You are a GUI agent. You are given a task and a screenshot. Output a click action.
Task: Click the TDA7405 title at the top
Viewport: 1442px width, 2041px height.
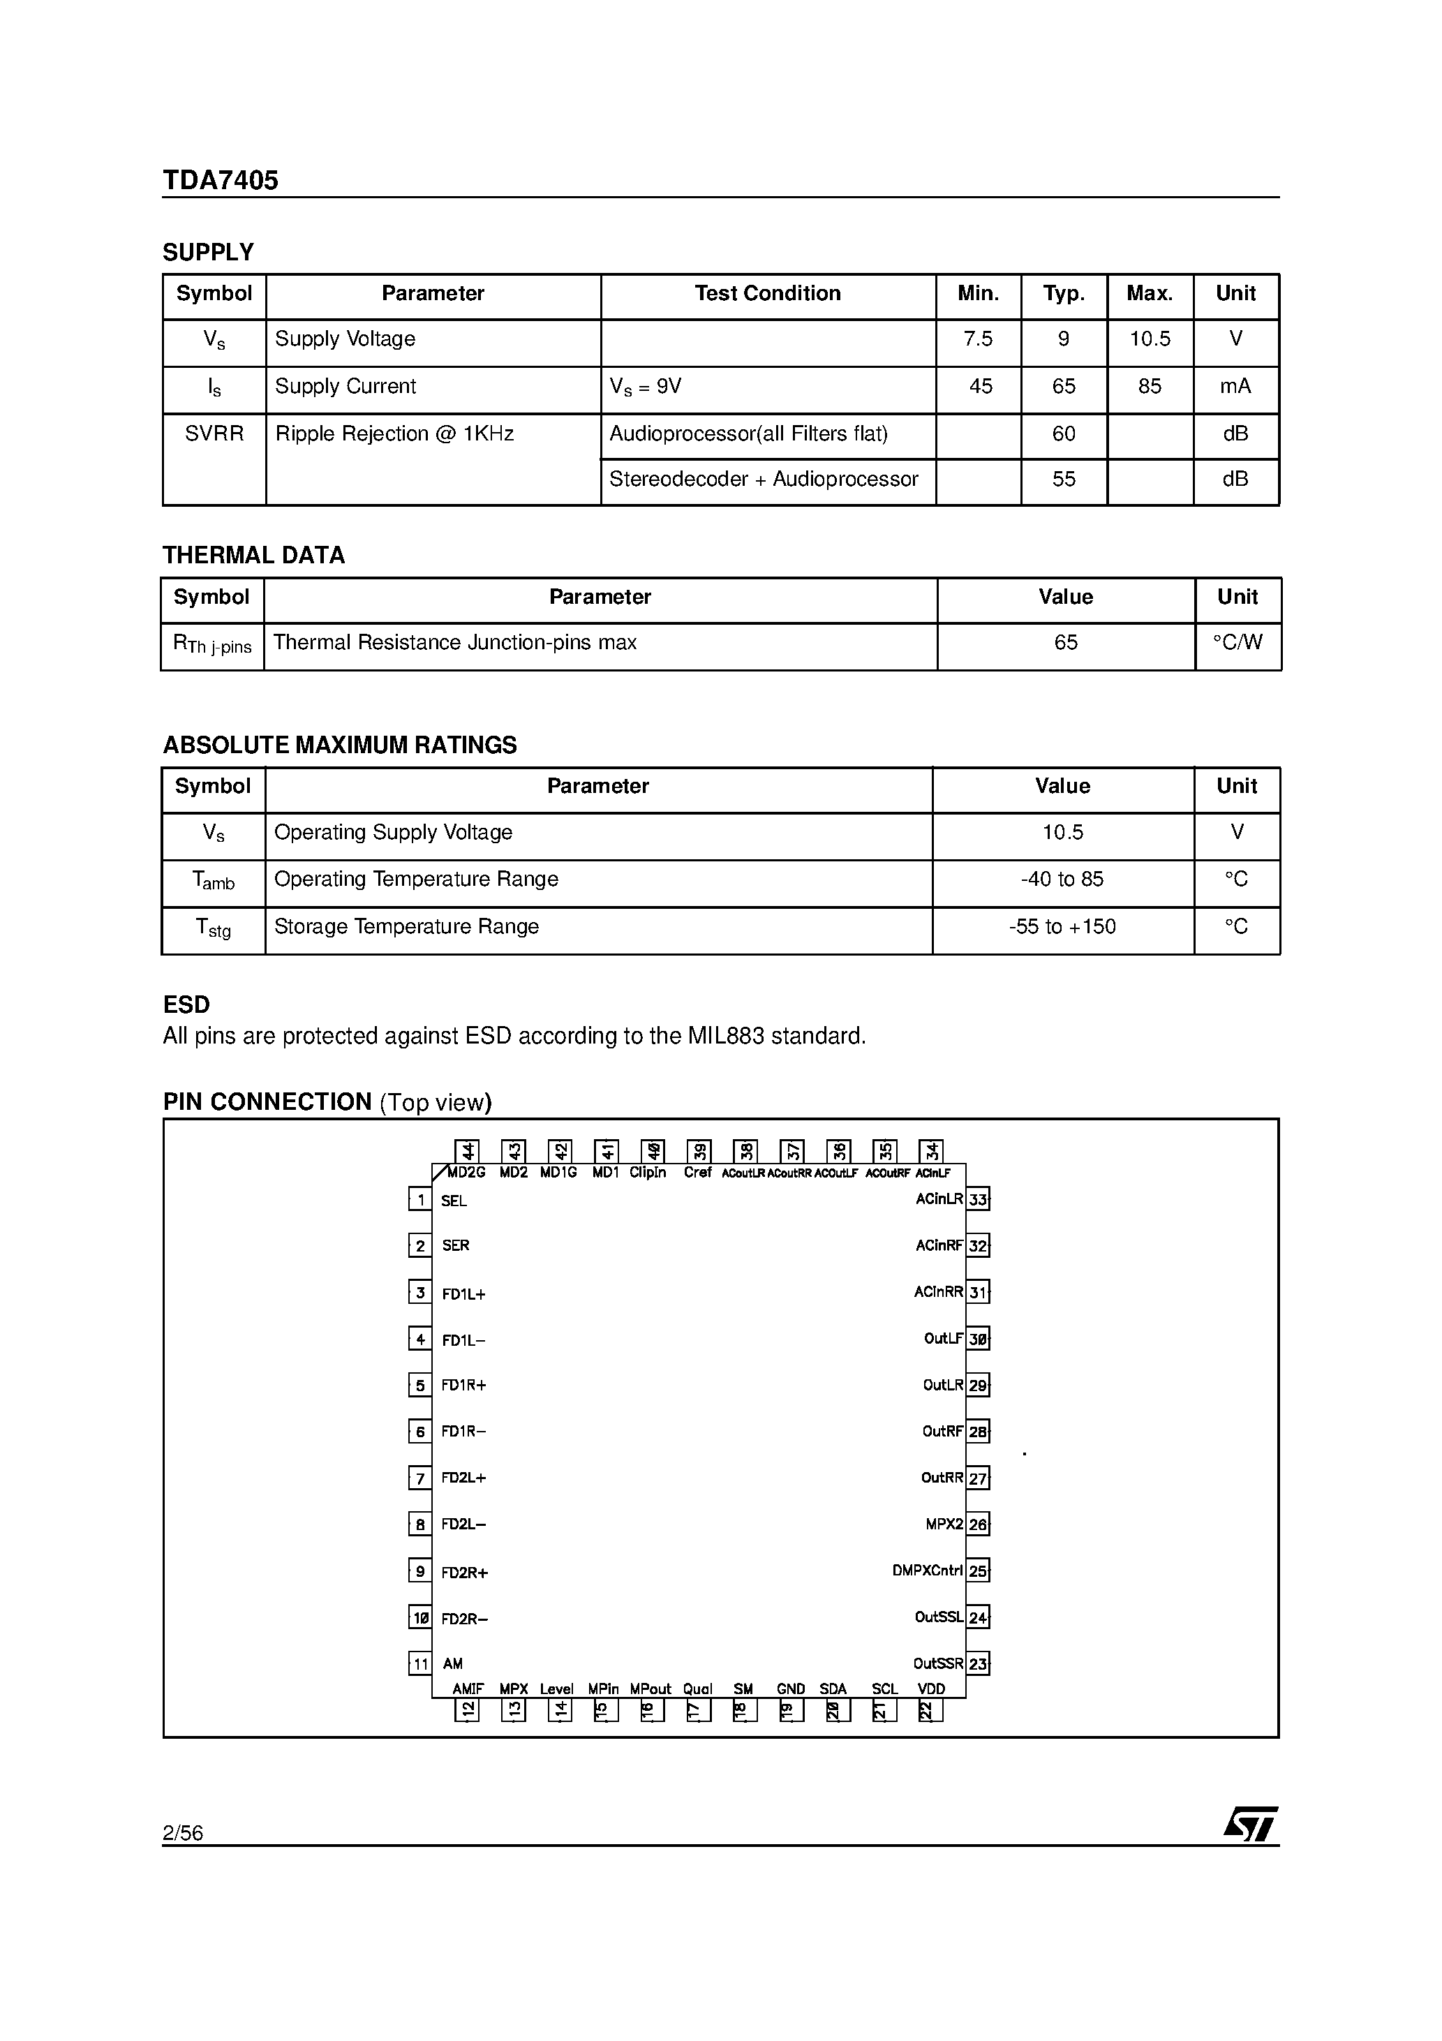(220, 181)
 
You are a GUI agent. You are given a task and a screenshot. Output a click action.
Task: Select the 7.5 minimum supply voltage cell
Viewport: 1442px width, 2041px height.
(977, 339)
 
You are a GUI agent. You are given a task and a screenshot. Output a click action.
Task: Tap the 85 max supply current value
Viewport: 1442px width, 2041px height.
(1149, 387)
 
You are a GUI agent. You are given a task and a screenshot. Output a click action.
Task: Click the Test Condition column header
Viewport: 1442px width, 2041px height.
(766, 293)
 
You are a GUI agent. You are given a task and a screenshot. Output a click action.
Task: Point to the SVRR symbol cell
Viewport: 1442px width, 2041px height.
(214, 433)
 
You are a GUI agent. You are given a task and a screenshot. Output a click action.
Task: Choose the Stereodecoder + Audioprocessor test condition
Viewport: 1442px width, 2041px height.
(763, 479)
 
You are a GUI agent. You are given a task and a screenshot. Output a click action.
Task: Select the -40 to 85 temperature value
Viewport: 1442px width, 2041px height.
(1062, 880)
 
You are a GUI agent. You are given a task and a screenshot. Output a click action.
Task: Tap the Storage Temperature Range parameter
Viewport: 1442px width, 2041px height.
(406, 926)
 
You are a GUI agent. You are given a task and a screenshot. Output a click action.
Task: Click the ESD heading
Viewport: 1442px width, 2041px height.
(186, 1004)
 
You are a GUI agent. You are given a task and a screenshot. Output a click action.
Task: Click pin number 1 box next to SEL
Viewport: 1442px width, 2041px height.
(419, 1200)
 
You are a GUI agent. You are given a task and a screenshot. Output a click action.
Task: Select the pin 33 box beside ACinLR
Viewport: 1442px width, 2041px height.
(978, 1199)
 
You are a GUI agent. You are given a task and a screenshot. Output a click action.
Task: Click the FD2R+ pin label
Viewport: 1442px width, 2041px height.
(464, 1573)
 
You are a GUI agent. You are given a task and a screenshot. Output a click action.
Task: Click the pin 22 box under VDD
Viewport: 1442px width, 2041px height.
(929, 1710)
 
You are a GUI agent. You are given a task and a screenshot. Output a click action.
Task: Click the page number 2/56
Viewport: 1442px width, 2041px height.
(182, 1832)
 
